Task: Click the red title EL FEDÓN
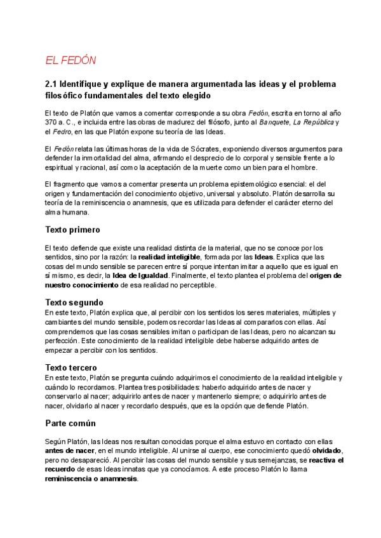coord(70,60)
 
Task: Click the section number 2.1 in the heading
coord(51,84)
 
